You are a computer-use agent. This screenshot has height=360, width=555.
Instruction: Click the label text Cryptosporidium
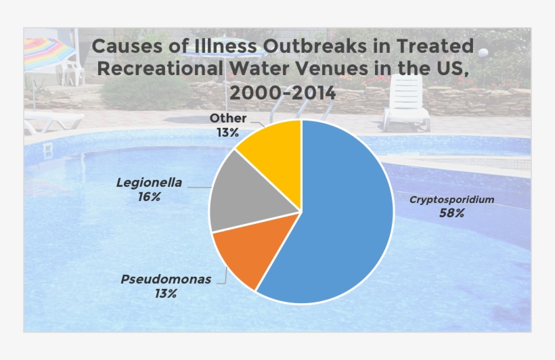(451, 200)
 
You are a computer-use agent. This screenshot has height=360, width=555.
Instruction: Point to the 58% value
(451, 213)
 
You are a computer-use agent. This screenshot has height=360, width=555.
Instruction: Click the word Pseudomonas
(166, 279)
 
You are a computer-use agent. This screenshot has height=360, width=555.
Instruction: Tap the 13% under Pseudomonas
(165, 293)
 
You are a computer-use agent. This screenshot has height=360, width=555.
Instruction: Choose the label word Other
(228, 118)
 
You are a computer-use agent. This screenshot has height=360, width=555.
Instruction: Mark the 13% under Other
(228, 133)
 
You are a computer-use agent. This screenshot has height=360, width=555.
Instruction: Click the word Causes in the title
(121, 47)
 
